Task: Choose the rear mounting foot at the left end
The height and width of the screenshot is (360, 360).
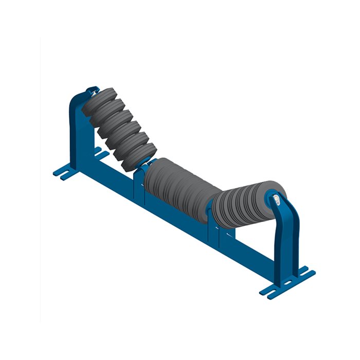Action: tap(100, 152)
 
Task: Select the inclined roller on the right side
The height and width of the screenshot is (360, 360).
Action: tap(242, 203)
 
